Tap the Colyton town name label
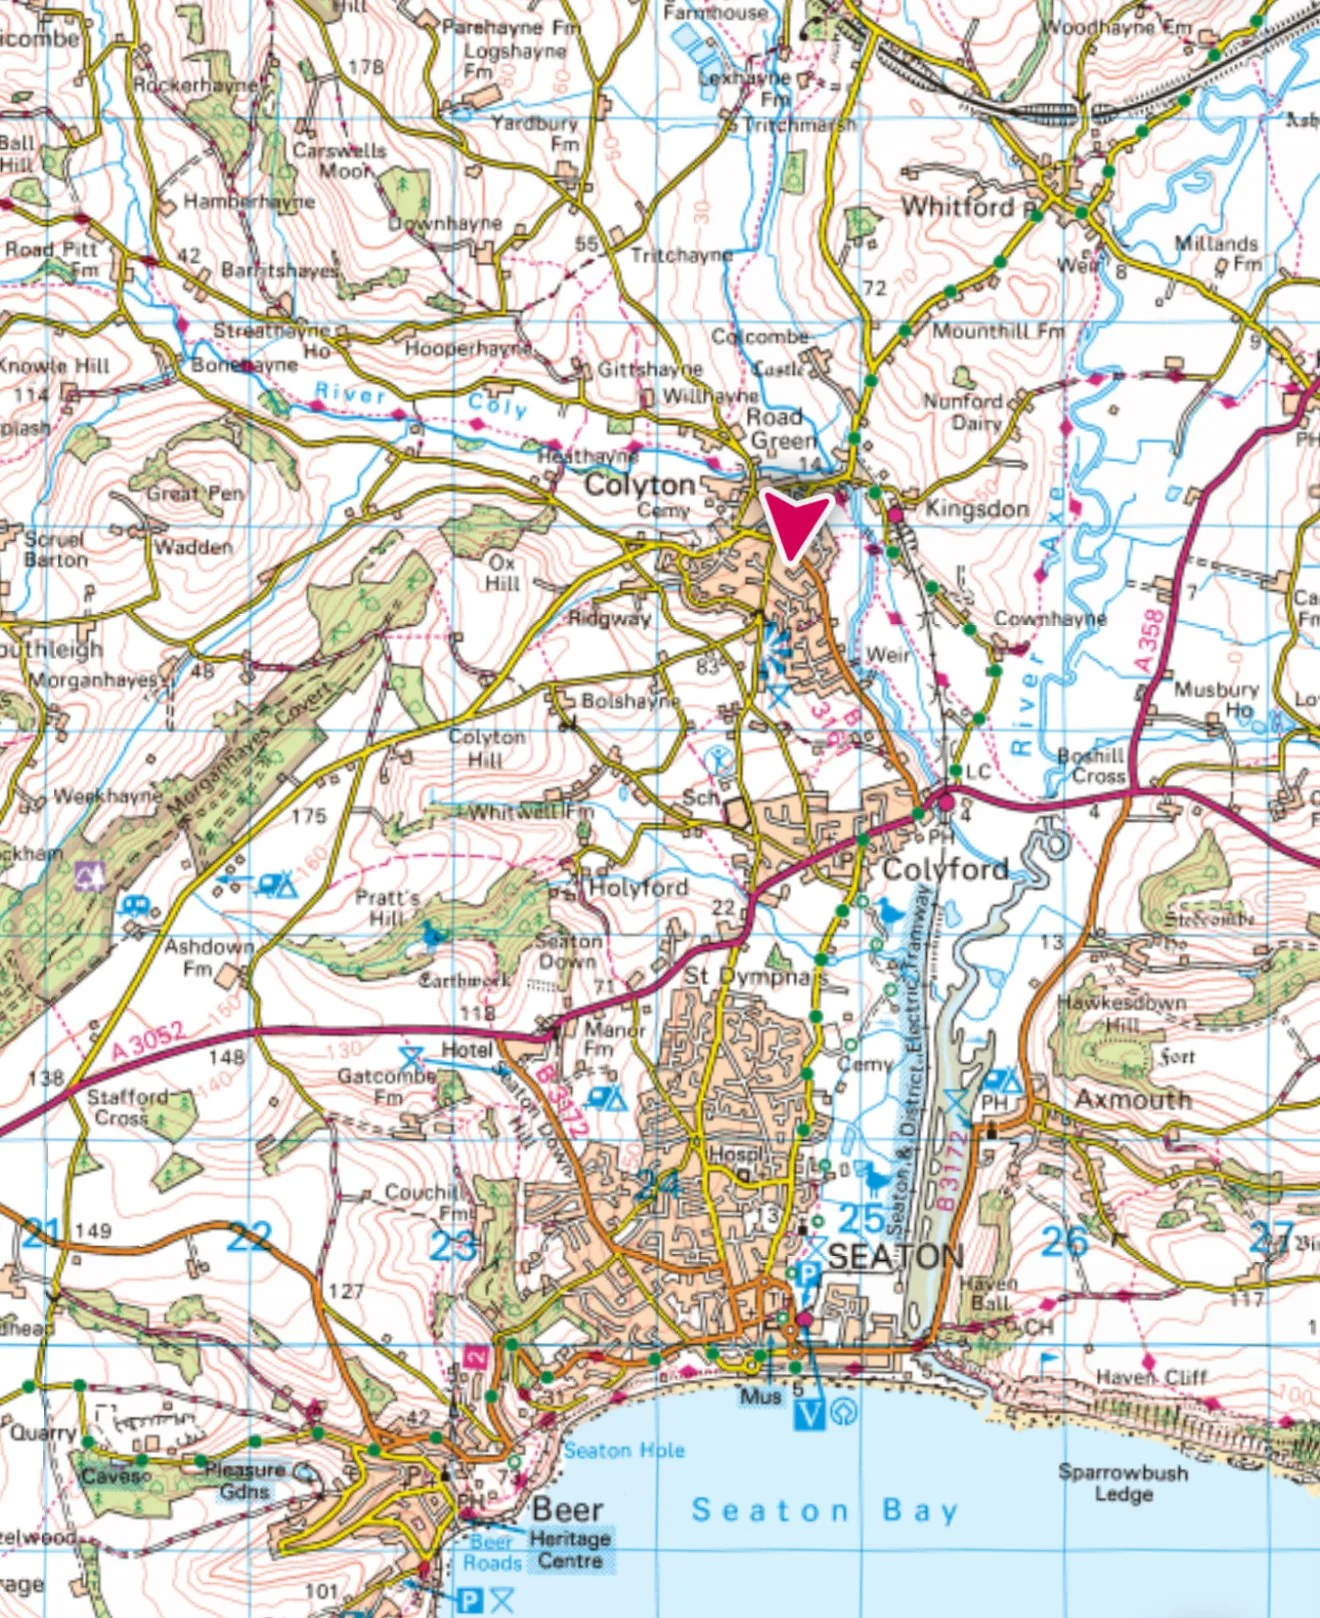click(x=639, y=486)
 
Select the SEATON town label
click(x=896, y=1256)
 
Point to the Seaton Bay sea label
click(x=824, y=1510)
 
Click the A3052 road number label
click(x=148, y=1042)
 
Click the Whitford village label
click(x=958, y=207)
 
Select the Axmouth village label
click(x=1133, y=1099)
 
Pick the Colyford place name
click(x=945, y=869)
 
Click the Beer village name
click(x=567, y=1509)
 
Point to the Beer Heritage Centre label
click(x=570, y=1550)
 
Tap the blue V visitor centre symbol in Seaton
click(x=810, y=1414)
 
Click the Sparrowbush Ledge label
click(x=1123, y=1483)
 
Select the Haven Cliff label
click(x=1151, y=1377)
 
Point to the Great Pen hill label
click(x=195, y=494)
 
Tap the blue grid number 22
click(x=249, y=1237)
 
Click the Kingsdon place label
click(x=977, y=509)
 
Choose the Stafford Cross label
click(x=126, y=1107)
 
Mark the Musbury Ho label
click(x=1216, y=699)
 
